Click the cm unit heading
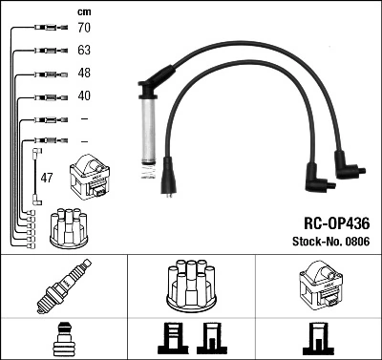(x=83, y=11)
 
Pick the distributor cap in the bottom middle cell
(x=191, y=284)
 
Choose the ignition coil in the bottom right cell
(x=317, y=284)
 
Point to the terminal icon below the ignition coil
(x=317, y=338)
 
